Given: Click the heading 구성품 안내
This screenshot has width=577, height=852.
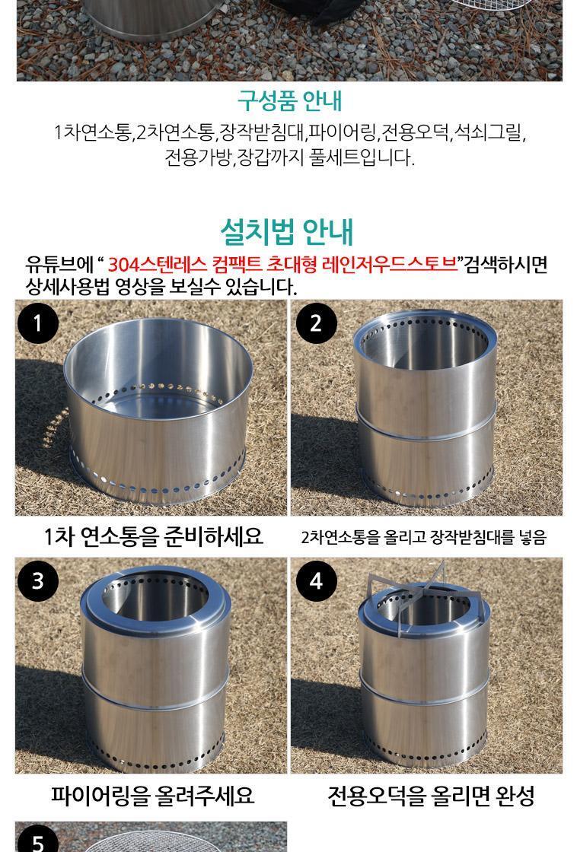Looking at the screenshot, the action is coord(289,100).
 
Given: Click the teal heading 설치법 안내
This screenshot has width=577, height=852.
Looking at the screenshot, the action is coord(286,231).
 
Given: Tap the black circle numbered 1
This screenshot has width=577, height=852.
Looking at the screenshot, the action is coord(37,323).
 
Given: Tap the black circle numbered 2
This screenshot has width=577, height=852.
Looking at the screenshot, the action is coord(317,323).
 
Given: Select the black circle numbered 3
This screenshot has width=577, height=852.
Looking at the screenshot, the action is coord(37,580).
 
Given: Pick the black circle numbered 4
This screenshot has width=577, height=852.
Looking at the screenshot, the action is coord(317,580).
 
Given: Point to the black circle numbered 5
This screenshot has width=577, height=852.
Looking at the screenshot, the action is coord(37,840).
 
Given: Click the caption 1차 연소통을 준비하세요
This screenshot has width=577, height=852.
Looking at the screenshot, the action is coord(153,536).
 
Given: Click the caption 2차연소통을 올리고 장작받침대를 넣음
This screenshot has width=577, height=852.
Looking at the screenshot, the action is coord(424,537).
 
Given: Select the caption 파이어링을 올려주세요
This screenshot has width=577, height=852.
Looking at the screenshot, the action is coord(153,795).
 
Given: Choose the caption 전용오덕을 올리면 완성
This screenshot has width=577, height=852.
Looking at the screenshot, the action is coord(432,796).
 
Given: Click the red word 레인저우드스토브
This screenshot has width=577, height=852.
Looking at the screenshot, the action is coord(391,264).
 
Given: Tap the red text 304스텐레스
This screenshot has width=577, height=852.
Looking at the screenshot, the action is coord(157,264).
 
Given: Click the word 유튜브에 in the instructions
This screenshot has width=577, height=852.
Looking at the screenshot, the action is coord(60,264).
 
